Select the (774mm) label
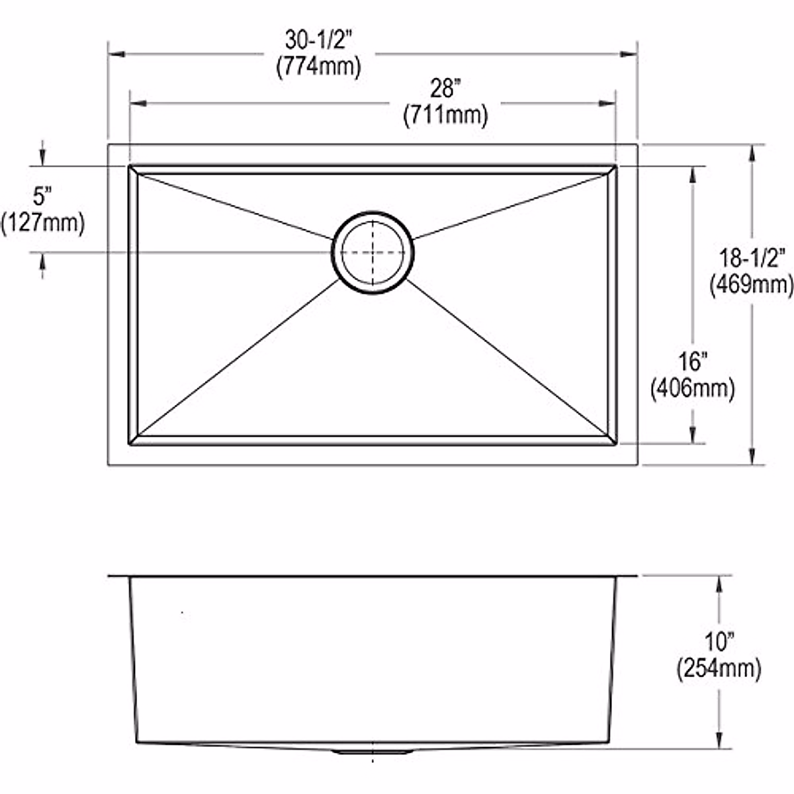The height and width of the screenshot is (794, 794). pos(318,66)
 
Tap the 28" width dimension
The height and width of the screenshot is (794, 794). pos(445,89)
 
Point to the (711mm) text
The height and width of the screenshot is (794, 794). pos(445,116)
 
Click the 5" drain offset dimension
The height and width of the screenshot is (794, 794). pos(42,197)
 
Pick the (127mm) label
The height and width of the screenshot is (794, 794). pos(43,223)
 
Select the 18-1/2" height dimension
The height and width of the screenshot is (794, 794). pos(752,257)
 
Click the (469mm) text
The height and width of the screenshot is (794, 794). pos(752,285)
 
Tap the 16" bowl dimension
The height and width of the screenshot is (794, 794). pos(693,362)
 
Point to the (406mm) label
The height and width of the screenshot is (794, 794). pos(693,388)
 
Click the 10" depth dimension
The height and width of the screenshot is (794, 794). pos(719,642)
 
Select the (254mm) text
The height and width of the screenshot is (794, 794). pos(719,669)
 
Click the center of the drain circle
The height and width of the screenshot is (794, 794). pos(373,252)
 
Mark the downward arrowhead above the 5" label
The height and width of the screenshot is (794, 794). pos(43,158)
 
